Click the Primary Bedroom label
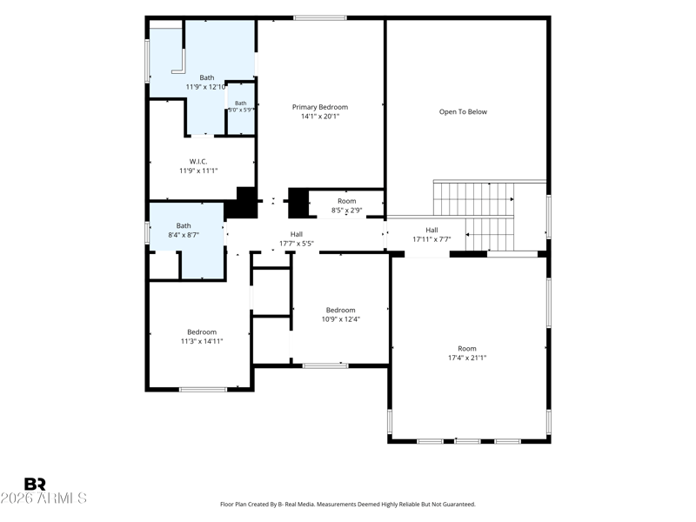tap(319, 107)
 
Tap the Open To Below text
tap(463, 112)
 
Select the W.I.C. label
tap(198, 162)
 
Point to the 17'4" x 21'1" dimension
tap(467, 358)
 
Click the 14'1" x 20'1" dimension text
tap(320, 117)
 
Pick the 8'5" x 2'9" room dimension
tap(346, 211)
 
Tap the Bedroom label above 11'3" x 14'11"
tap(202, 332)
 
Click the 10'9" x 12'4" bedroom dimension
tap(340, 319)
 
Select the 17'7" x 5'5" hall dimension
tap(297, 244)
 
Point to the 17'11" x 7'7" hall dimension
tap(432, 239)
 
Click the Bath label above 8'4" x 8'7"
tap(184, 225)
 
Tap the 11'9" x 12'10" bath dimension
tap(205, 87)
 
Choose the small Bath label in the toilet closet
tap(241, 103)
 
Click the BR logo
tap(35, 484)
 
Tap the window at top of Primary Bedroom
tap(319, 18)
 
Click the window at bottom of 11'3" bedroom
tap(203, 390)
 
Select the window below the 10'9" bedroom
tap(325, 365)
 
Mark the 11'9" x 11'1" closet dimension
tap(198, 171)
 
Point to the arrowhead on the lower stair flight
tap(467, 234)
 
